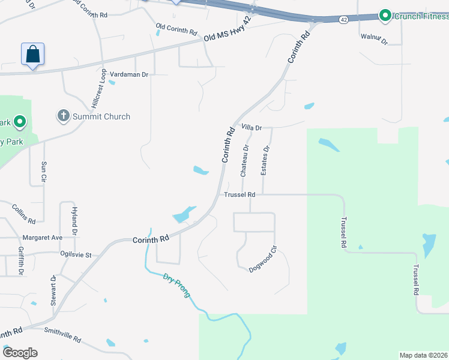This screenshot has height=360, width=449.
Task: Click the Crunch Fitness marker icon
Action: (x=385, y=16)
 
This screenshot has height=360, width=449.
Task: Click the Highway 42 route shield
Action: (x=343, y=19)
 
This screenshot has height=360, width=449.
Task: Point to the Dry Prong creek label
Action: (x=176, y=286)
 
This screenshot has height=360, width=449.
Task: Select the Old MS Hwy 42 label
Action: (x=228, y=37)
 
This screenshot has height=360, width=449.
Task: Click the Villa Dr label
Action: (x=252, y=128)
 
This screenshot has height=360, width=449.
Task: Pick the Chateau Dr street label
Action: (x=244, y=160)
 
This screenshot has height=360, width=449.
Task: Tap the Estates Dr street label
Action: (x=265, y=160)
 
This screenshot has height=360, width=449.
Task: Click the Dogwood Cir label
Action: (x=262, y=259)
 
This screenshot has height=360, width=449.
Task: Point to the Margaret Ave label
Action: (x=43, y=238)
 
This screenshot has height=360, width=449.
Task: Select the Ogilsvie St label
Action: (x=76, y=255)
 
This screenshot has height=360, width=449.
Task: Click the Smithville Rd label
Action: (x=62, y=335)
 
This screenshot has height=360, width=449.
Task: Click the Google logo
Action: (x=20, y=353)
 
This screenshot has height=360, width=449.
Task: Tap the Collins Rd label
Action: (x=23, y=212)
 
